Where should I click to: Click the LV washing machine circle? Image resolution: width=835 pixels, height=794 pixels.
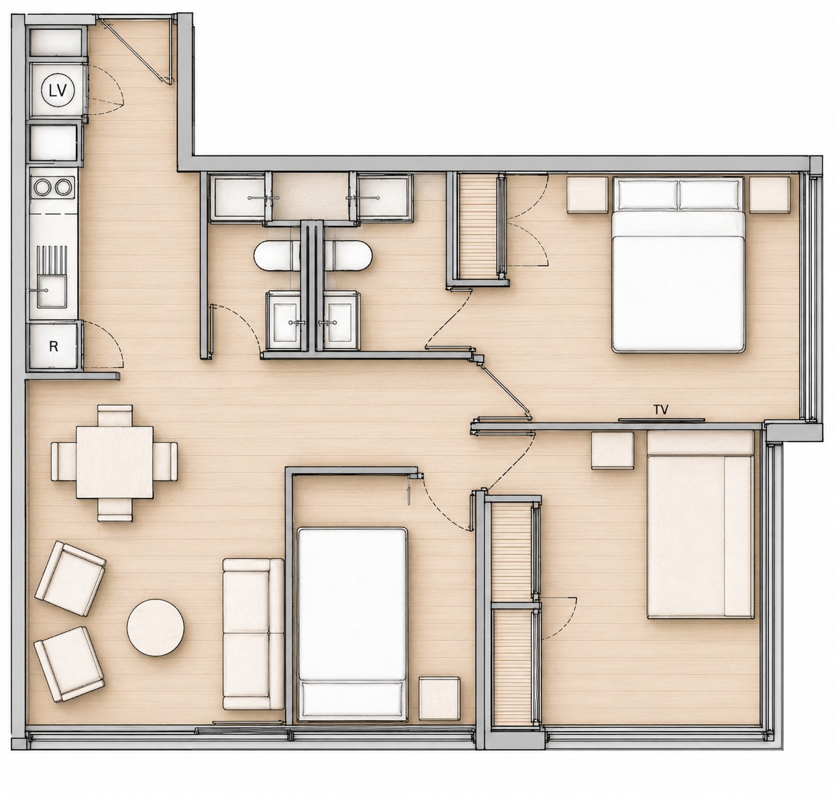(58, 90)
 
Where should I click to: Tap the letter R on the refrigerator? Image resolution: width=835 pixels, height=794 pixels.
(53, 347)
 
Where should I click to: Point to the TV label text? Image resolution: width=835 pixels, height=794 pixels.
(661, 410)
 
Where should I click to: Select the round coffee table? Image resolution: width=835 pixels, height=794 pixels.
(155, 628)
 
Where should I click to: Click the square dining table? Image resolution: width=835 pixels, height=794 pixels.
(115, 462)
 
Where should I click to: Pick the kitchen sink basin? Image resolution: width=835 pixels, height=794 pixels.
(51, 291)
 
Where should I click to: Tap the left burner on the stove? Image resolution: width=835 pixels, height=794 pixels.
(42, 186)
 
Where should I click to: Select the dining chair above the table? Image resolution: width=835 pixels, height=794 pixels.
(115, 416)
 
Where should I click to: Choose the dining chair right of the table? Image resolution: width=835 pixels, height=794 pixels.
(165, 462)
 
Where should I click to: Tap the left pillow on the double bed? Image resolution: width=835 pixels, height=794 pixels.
(648, 194)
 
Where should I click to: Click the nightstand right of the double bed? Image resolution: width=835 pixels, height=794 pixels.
(769, 195)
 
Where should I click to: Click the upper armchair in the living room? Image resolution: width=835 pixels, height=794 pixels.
(70, 578)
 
